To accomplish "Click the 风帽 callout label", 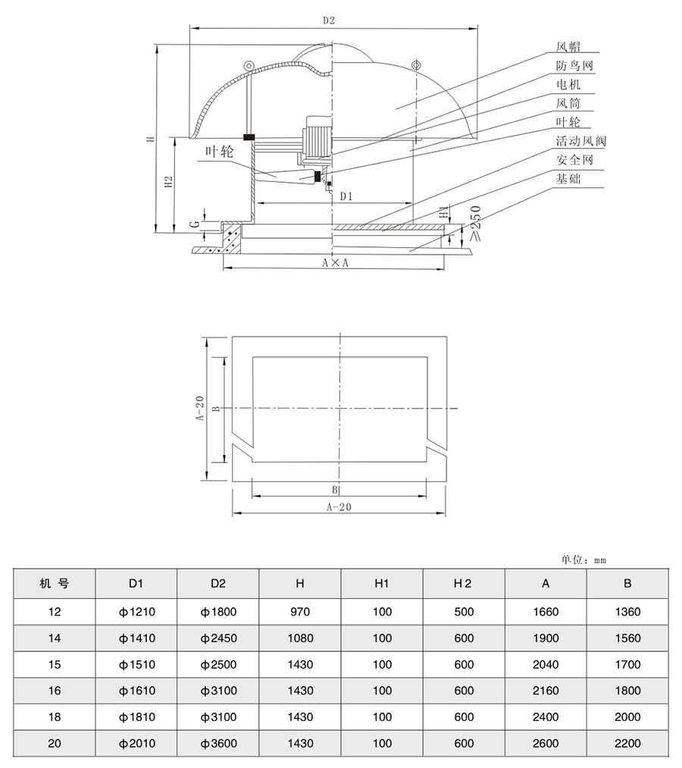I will pyautogui.click(x=568, y=47).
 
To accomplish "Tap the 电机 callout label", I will pyautogui.click(x=568, y=85).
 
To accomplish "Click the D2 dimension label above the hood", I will pyautogui.click(x=328, y=21).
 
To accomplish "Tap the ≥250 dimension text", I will pyautogui.click(x=475, y=224).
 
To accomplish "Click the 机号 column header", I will pyautogui.click(x=55, y=584).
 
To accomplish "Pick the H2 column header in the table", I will pyautogui.click(x=463, y=584).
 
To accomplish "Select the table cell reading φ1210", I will pyautogui.click(x=136, y=612).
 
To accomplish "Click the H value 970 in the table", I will pyautogui.click(x=300, y=612).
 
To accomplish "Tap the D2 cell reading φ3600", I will pyautogui.click(x=218, y=743).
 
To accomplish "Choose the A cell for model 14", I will pyautogui.click(x=545, y=638).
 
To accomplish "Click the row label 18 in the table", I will pyautogui.click(x=55, y=717).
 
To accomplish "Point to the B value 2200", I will pyautogui.click(x=627, y=743).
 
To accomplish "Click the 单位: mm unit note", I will pyautogui.click(x=583, y=560).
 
